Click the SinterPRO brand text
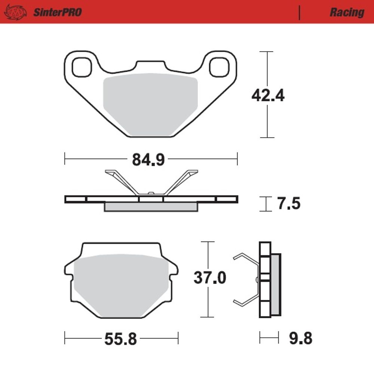pos(58,12)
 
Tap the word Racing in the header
pos(347,12)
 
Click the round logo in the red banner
pos(15,12)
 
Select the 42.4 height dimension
pos(268,95)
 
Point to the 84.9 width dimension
pos(148,160)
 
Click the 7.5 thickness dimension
pos(289,203)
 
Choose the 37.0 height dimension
pos(210,278)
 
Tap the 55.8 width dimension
pos(121,339)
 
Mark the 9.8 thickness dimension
pos(301,338)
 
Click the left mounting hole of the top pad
pos(82,67)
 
